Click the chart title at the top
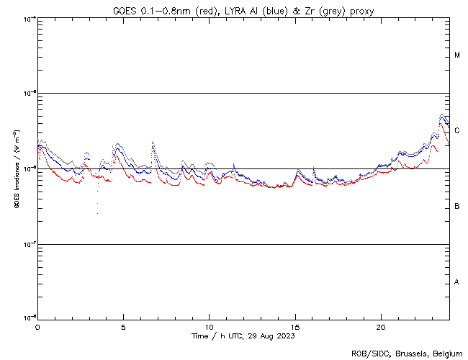[x=243, y=10]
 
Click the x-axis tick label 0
[x=37, y=326]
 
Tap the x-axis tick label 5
[x=123, y=326]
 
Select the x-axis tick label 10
[x=210, y=326]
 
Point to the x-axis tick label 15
[x=295, y=326]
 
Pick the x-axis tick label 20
[x=381, y=326]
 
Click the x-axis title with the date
[x=243, y=336]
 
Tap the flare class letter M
[x=457, y=55]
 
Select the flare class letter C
[x=457, y=130]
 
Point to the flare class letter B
[x=457, y=207]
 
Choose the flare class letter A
[x=457, y=282]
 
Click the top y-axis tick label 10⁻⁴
[x=29, y=19]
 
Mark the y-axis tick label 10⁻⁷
[x=29, y=245]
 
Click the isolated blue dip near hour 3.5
[x=97, y=212]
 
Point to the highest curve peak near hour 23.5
[x=442, y=114]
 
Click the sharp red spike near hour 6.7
[x=153, y=143]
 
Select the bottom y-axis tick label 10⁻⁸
[x=29, y=318]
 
